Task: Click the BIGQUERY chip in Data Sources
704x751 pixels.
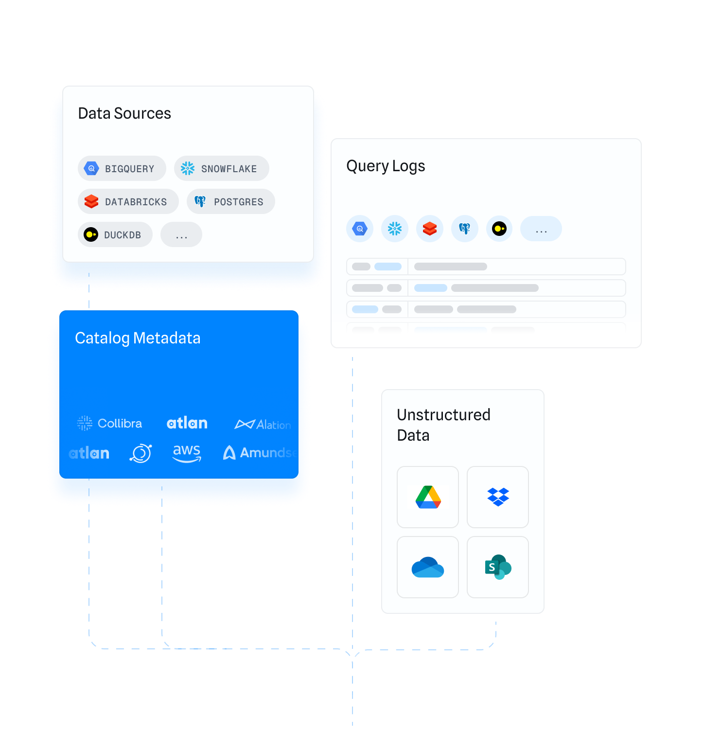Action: coord(122,169)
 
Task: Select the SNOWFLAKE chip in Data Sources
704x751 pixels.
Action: coord(221,169)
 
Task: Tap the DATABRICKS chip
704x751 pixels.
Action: coord(128,202)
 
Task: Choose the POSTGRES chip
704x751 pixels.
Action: coord(230,202)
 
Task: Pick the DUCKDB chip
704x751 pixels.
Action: coord(115,235)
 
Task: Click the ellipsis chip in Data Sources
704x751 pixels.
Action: coord(181,235)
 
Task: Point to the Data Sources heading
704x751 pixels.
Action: coord(124,113)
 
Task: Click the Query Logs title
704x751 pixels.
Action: coord(386,166)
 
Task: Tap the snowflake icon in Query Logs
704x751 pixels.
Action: coord(395,229)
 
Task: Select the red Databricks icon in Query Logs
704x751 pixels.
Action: coord(430,229)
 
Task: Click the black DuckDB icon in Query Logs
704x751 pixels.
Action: coord(499,229)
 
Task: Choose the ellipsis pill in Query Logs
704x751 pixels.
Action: coord(541,229)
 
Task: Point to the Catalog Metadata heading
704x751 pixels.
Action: coord(138,338)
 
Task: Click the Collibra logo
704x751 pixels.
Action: coord(110,423)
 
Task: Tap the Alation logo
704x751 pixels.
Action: coord(263,425)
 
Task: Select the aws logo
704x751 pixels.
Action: coord(187,453)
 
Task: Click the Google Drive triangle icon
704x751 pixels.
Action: coord(428,497)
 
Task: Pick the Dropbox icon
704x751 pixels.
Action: coord(498,497)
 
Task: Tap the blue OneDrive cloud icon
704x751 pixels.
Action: coord(428,567)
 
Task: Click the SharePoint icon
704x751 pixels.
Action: coord(498,567)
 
